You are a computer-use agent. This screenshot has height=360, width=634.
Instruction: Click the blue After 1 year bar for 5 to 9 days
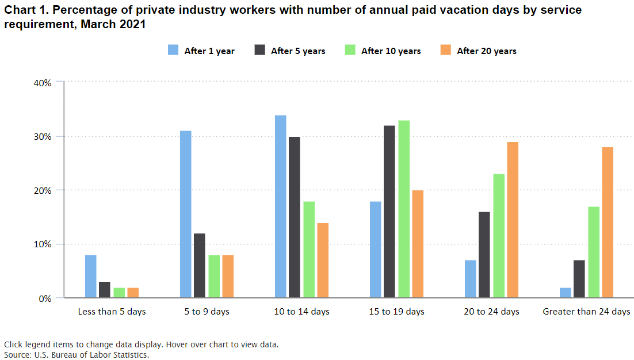(x=185, y=214)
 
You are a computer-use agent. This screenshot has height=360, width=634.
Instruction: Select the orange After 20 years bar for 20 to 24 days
(x=512, y=220)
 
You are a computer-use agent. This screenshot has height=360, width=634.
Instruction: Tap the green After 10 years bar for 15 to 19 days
(x=404, y=209)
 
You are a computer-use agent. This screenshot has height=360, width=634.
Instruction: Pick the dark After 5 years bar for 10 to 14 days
(x=294, y=217)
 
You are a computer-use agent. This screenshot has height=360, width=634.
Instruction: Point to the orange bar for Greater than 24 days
(x=607, y=223)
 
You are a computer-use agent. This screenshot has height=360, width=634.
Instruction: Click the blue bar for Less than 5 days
(x=90, y=276)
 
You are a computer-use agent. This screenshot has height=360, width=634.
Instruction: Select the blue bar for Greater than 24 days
(x=565, y=293)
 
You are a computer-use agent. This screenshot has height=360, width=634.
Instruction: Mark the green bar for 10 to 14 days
(x=308, y=250)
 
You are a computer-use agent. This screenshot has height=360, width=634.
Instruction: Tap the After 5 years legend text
(x=298, y=51)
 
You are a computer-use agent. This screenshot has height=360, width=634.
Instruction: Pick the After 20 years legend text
(x=487, y=51)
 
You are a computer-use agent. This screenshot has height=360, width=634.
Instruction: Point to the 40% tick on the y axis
(x=44, y=82)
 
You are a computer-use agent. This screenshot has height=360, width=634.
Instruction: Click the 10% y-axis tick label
(x=44, y=244)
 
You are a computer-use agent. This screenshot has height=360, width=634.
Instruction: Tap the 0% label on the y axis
(x=46, y=298)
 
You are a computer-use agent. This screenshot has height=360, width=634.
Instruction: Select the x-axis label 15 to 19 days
(x=396, y=312)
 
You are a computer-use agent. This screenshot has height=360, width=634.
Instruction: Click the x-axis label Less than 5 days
(x=112, y=312)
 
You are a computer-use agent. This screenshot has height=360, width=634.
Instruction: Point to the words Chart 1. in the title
(x=24, y=11)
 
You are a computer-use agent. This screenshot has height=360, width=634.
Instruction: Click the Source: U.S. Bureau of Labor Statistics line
(x=77, y=355)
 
